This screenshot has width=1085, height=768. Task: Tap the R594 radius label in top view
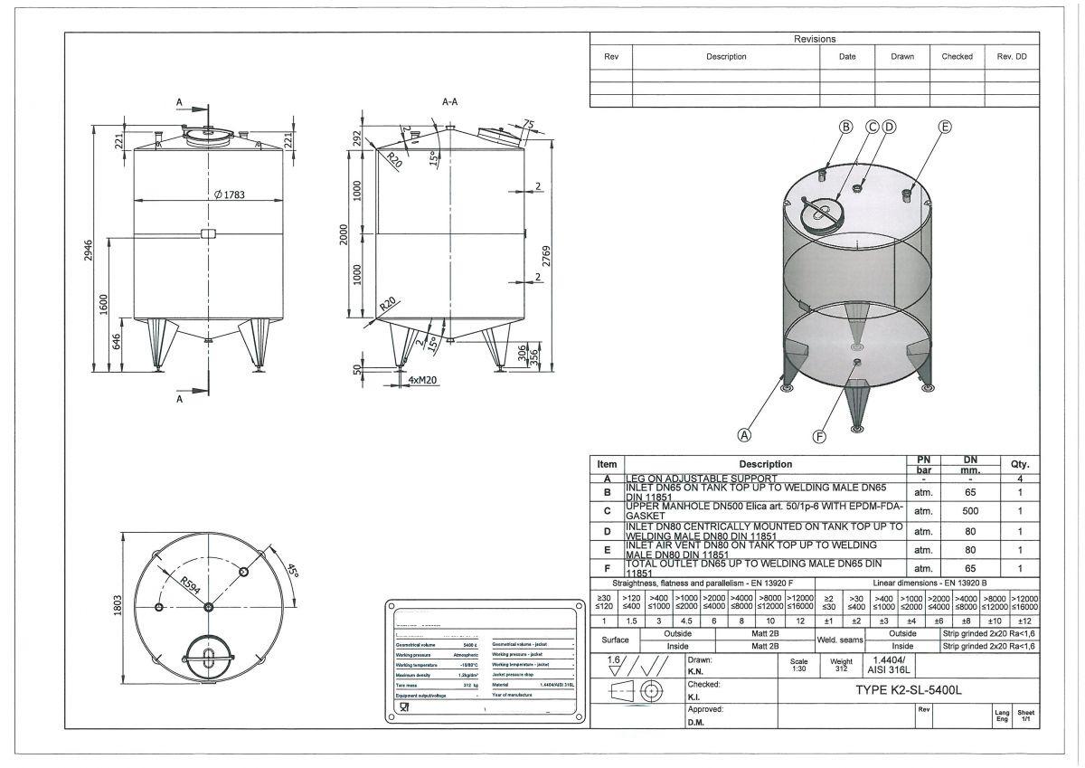coord(191,583)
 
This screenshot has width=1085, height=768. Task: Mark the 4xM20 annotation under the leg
coord(424,380)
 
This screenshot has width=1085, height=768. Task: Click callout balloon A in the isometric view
coord(745,434)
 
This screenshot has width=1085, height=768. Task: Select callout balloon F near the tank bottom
coord(820,437)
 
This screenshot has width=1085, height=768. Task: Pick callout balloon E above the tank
coord(945,127)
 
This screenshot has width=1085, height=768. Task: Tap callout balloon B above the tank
coord(846,127)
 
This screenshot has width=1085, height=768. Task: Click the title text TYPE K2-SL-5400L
coord(908,690)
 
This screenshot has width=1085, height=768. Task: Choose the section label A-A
coord(449,102)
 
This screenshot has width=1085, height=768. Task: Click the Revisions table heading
coord(814,39)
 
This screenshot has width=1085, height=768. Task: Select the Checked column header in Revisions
coord(957,56)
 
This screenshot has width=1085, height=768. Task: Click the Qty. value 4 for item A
coord(1020,479)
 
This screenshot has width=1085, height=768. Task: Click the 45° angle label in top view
coord(292,572)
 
